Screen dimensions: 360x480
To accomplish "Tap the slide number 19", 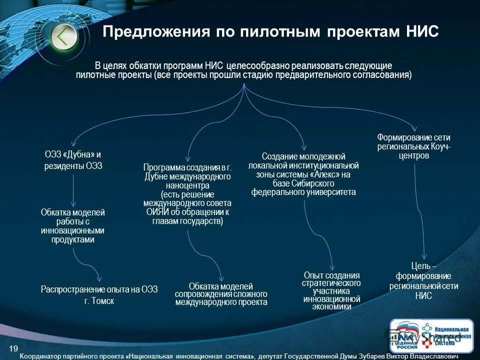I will click(13, 348).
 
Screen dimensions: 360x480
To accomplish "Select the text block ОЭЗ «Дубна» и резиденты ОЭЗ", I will click(73, 160).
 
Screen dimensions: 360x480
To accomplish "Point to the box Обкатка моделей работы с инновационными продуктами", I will click(73, 226).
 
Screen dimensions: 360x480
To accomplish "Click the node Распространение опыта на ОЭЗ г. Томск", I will click(99, 295).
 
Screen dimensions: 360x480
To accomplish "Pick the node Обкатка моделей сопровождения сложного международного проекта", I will click(221, 294).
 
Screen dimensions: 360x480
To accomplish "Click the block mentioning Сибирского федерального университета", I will click(303, 174).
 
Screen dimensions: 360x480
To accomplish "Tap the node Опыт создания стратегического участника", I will click(332, 291).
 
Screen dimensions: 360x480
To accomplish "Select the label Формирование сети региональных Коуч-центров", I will click(413, 145).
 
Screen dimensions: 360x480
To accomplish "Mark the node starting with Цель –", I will click(423, 280).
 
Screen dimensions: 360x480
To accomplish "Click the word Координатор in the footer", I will click(41, 356).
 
